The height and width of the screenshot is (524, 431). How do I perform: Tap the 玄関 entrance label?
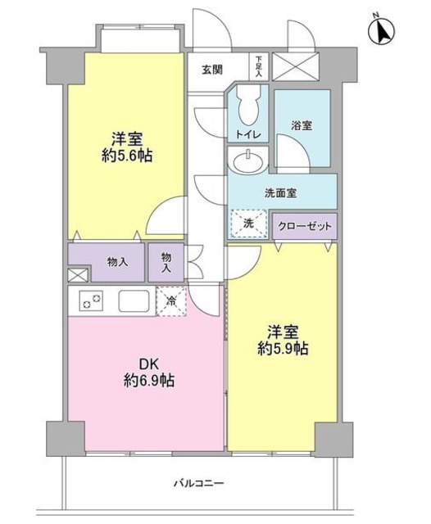tap(213, 70)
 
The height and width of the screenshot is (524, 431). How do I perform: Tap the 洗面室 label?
tap(280, 193)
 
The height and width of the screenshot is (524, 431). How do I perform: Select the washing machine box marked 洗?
tap(248, 223)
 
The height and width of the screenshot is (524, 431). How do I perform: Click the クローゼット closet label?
tap(304, 226)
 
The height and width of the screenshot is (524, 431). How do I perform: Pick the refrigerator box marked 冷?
tap(171, 301)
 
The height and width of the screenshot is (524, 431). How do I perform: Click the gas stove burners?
tap(90, 301)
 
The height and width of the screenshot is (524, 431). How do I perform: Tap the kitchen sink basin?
tap(134, 301)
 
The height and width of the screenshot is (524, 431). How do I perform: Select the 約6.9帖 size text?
tap(148, 381)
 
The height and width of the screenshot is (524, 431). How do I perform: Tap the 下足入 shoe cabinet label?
tap(258, 66)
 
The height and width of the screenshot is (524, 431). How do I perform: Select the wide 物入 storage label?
tap(117, 262)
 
